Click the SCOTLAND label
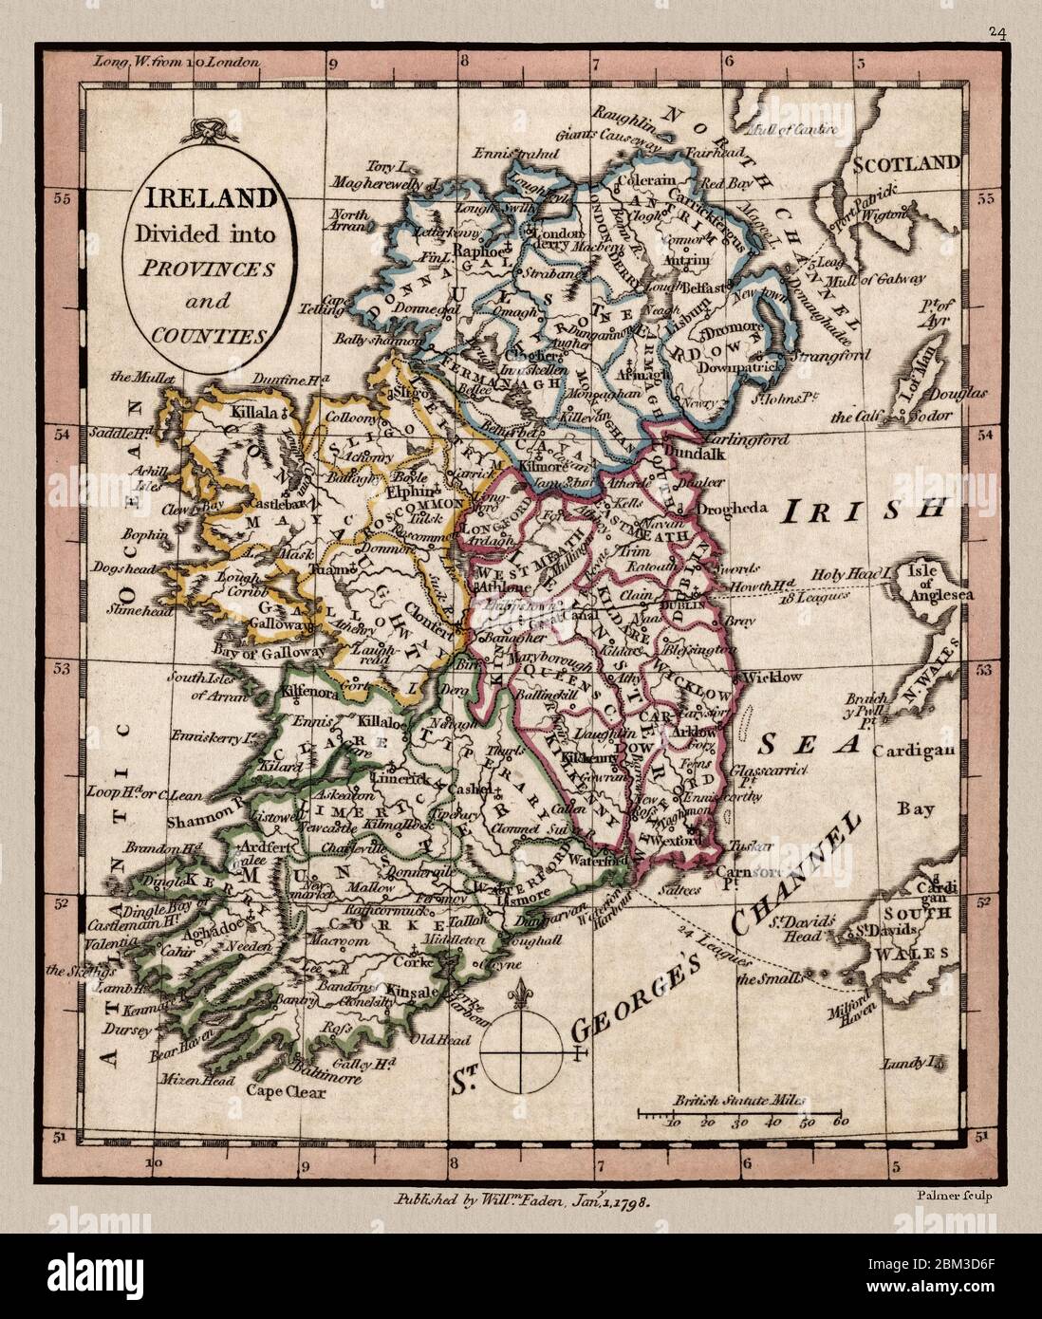tap(905, 163)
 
